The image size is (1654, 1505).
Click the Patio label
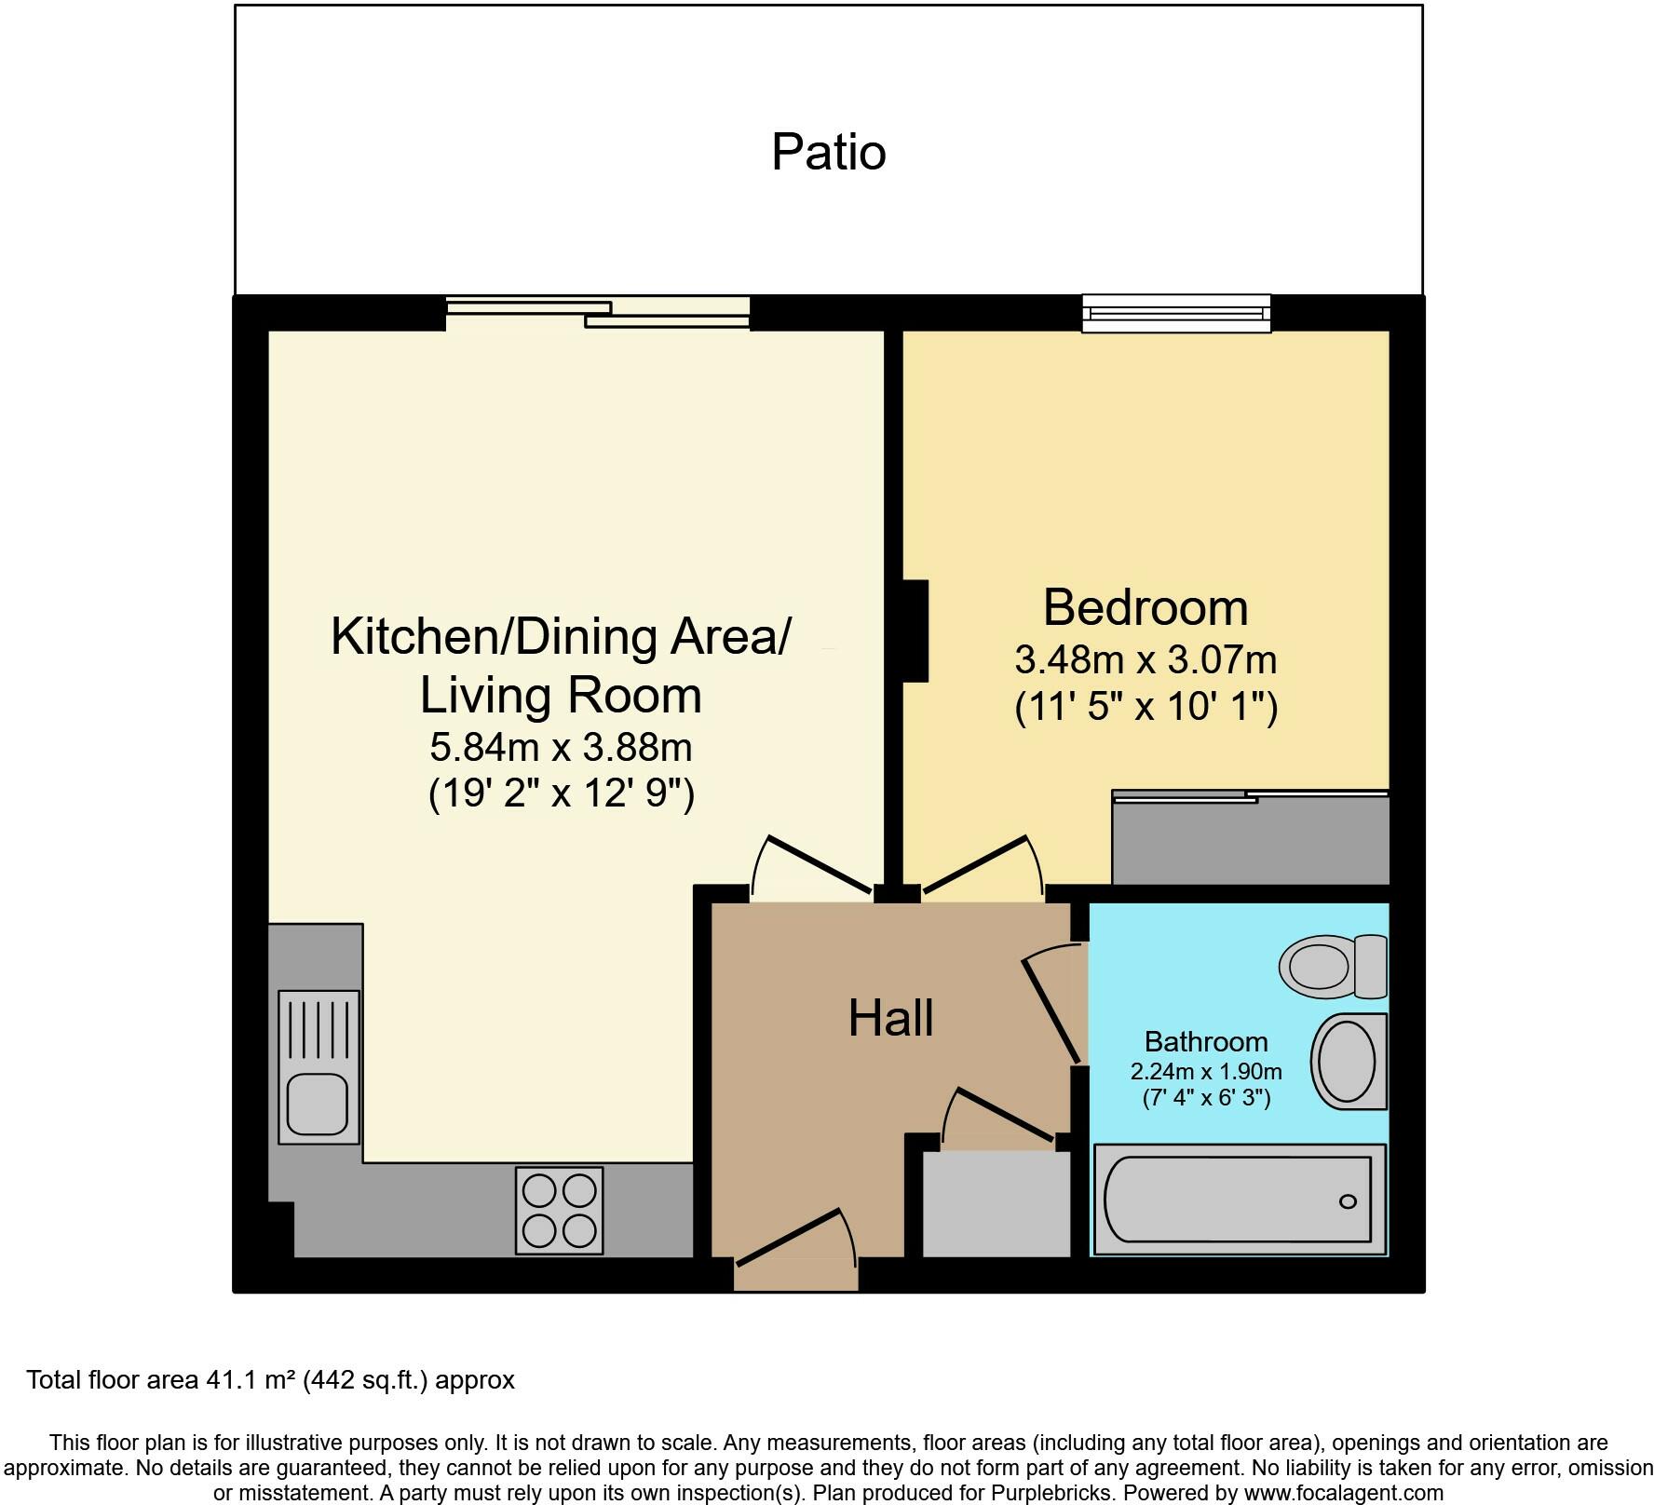click(x=828, y=152)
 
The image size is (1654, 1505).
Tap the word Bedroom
click(x=1146, y=607)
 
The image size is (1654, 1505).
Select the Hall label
click(x=890, y=1018)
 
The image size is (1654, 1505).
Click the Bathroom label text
click(x=1206, y=1041)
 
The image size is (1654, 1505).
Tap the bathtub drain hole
click(x=1348, y=1201)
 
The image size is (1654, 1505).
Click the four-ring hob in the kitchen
click(x=560, y=1210)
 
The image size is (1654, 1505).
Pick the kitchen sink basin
click(x=318, y=1105)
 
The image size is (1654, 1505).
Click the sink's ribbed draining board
click(x=319, y=1030)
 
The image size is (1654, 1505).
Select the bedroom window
click(x=1176, y=313)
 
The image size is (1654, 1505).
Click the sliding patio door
click(x=598, y=312)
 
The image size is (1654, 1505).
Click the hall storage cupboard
click(x=996, y=1203)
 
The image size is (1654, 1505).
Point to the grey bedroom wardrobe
click(x=1251, y=838)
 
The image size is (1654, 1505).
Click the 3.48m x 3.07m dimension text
click(x=1146, y=660)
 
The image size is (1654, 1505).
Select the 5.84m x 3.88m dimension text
click(x=561, y=747)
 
